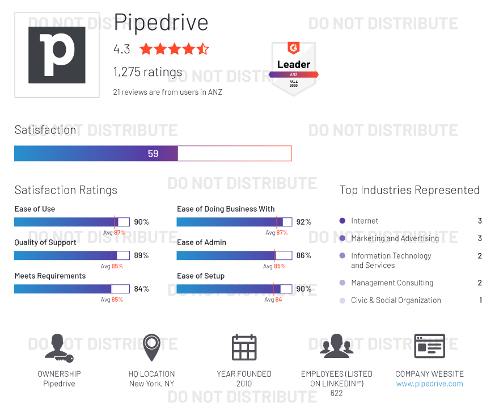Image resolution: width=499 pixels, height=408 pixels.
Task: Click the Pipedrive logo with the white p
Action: tap(57, 55)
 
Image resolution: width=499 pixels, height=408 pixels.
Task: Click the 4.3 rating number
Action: tap(122, 49)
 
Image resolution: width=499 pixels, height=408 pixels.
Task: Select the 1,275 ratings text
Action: tap(148, 72)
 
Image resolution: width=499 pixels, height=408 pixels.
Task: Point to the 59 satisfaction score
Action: tap(153, 153)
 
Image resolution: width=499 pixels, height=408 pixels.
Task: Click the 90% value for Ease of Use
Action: tap(141, 222)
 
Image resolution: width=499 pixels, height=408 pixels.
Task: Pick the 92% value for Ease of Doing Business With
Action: tap(304, 222)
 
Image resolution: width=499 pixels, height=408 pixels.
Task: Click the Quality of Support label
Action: tap(45, 242)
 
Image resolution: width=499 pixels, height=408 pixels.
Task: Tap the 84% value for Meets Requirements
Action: tap(141, 289)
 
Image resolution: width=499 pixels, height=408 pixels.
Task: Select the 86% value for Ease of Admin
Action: tap(304, 255)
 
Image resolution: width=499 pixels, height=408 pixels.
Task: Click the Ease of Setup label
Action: tap(201, 276)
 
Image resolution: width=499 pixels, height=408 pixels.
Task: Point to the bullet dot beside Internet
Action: tap(342, 221)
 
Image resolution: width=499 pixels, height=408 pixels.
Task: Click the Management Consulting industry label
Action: tap(392, 283)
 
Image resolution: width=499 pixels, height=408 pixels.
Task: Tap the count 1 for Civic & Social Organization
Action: tap(480, 300)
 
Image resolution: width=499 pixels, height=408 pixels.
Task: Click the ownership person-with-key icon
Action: tap(58, 347)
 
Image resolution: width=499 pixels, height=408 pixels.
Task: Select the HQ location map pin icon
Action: tap(151, 347)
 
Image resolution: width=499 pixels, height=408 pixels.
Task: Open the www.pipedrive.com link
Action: tap(429, 384)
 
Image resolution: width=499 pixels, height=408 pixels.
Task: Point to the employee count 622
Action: tap(336, 393)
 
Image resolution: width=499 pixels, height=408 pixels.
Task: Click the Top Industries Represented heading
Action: tap(409, 190)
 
